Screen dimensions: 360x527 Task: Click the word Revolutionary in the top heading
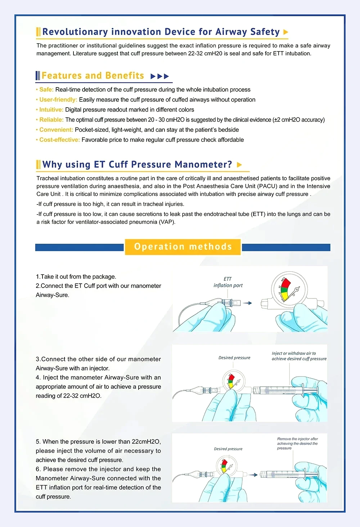pos(75,32)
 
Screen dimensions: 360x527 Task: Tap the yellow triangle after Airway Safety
pos(285,32)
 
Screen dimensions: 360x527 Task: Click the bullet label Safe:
pos(46,90)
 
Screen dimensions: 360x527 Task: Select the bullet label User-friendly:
pos(58,100)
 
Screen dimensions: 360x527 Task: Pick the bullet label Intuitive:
pos(51,110)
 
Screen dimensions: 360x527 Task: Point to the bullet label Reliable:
pos(51,120)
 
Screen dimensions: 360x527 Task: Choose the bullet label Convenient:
pos(56,130)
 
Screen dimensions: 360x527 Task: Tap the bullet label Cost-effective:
pos(59,140)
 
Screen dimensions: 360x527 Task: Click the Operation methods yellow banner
pos(183,247)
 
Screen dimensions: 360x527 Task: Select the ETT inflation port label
pos(228,282)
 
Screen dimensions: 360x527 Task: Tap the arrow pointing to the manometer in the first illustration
pos(247,303)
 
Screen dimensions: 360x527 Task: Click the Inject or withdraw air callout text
pos(299,356)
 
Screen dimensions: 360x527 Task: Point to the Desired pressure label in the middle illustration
pos(234,358)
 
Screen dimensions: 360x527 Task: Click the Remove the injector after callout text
pos(297,443)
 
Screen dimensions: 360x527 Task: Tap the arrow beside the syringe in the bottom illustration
pos(253,475)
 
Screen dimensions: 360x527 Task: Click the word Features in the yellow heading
pos(62,76)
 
